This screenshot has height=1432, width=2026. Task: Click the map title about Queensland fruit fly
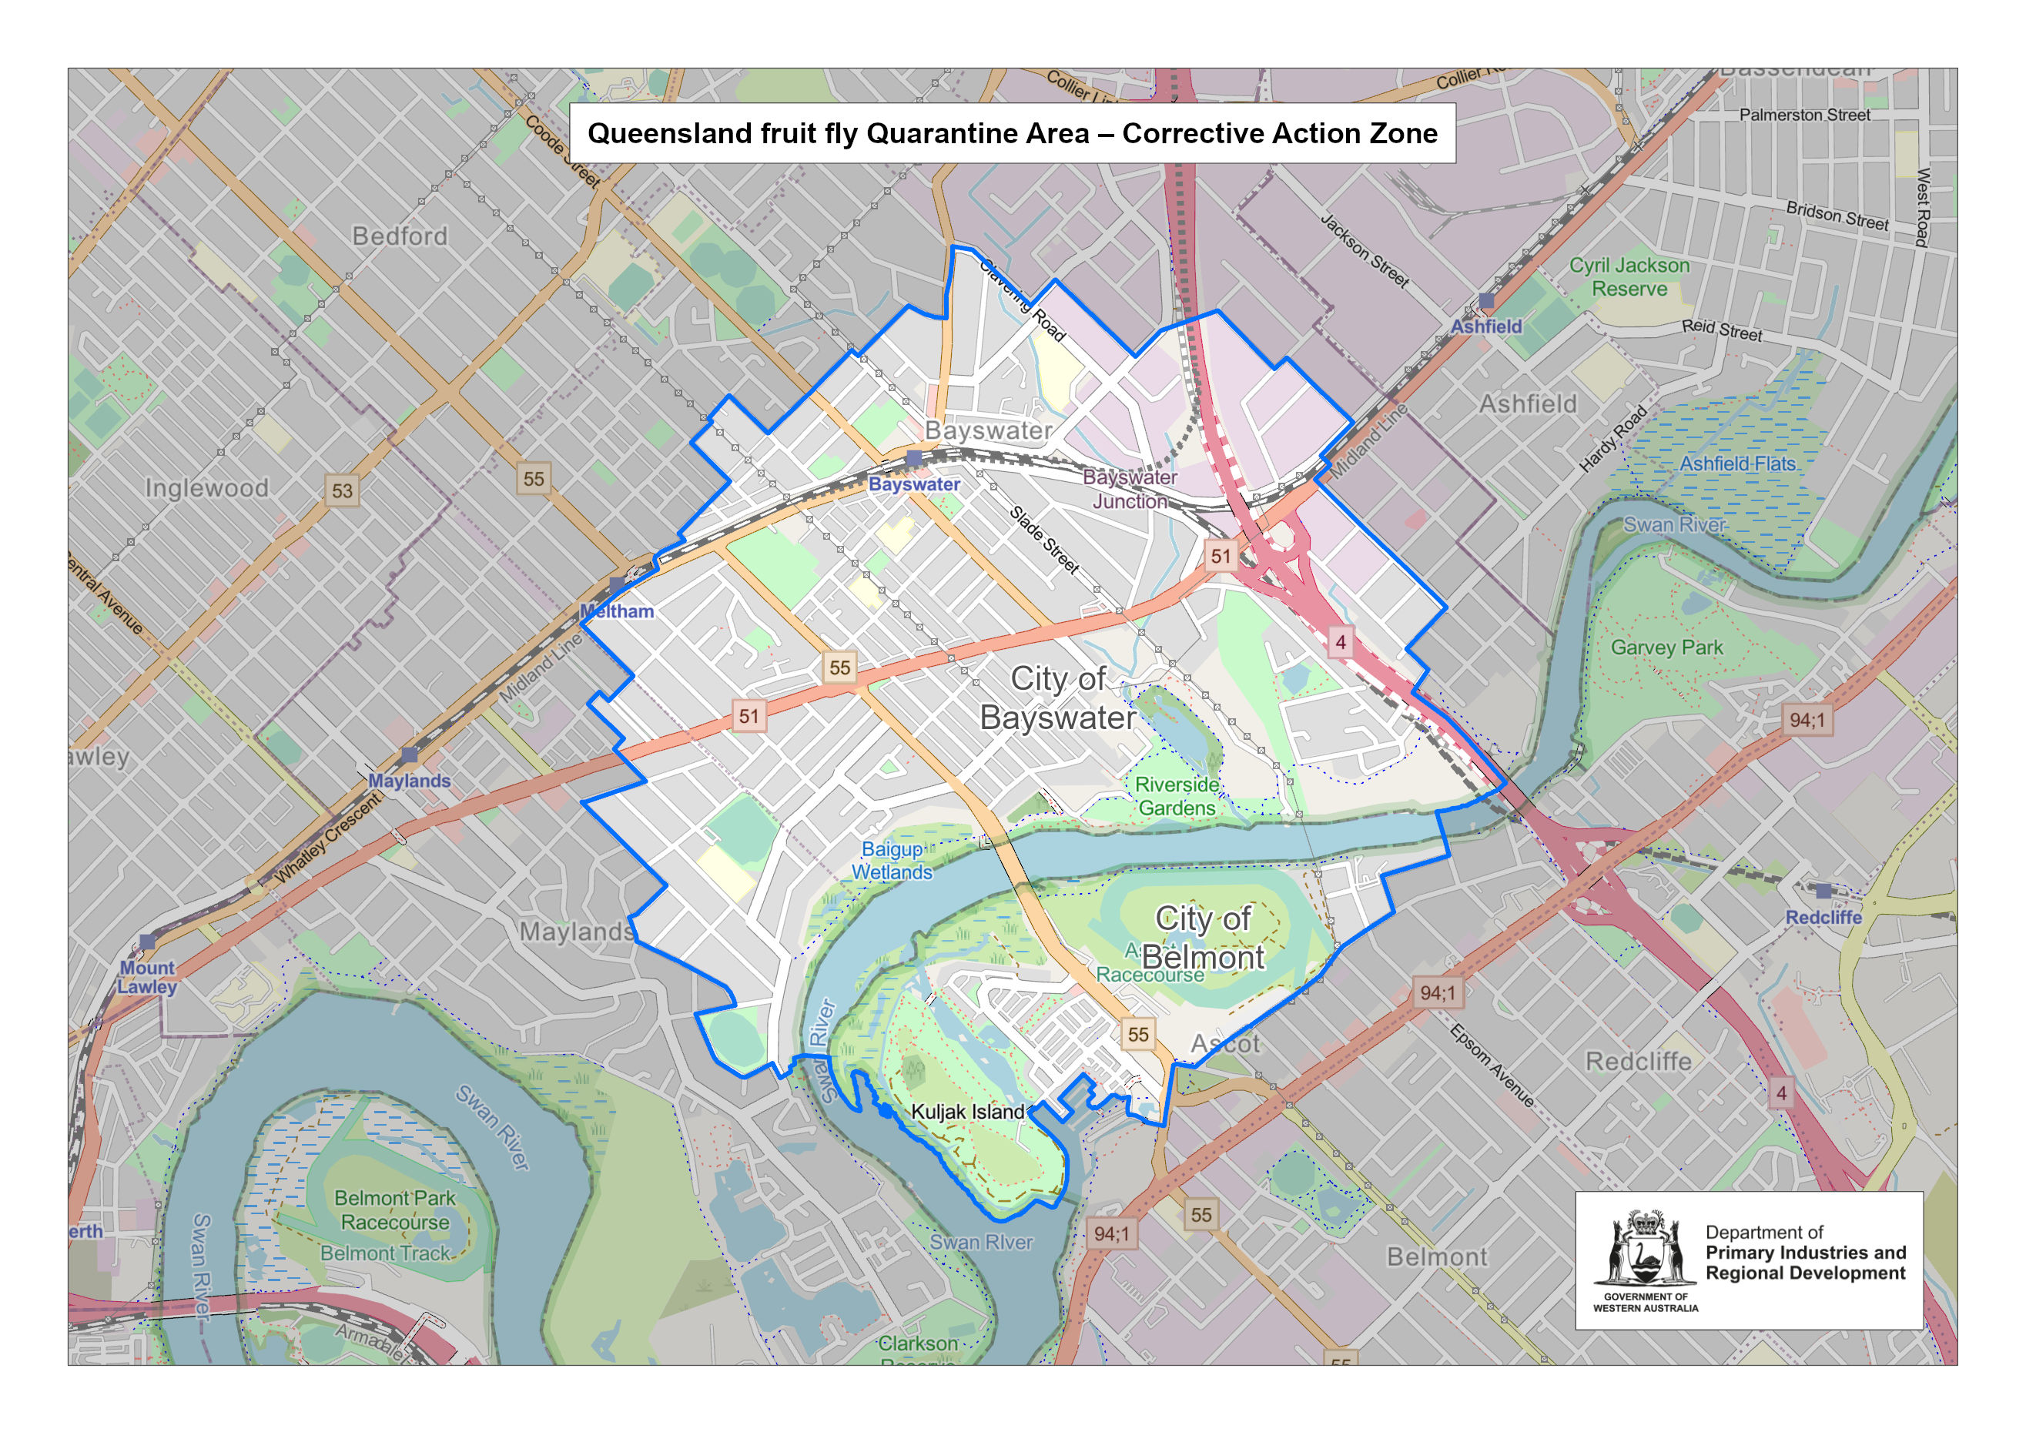(1012, 133)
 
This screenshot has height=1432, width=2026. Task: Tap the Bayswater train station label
(914, 484)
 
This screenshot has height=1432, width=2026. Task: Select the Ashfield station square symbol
(1486, 301)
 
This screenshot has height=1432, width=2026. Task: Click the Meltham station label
(617, 611)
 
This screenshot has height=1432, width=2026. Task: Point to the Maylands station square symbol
(409, 755)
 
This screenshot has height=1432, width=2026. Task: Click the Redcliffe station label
(1823, 918)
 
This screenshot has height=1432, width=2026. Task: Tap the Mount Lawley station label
(147, 977)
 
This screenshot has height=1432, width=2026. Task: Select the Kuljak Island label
(967, 1112)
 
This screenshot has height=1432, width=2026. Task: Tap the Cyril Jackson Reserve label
(1629, 277)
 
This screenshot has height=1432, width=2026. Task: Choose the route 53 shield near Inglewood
(343, 490)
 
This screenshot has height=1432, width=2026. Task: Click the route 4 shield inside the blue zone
(1341, 641)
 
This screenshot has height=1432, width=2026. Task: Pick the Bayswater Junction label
(1130, 489)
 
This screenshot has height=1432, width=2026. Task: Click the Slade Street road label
(1044, 539)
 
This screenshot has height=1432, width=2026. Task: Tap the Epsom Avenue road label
(1492, 1065)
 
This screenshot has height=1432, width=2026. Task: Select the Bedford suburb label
(400, 236)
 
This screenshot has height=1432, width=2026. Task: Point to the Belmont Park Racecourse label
(394, 1210)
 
